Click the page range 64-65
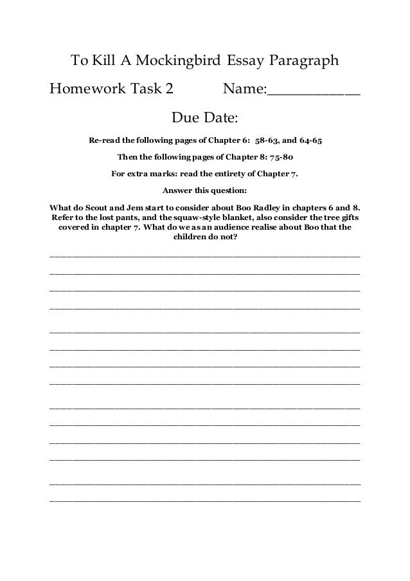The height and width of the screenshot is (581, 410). click(316, 139)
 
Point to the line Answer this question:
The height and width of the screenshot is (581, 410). click(204, 191)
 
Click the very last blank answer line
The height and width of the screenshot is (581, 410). click(204, 500)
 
